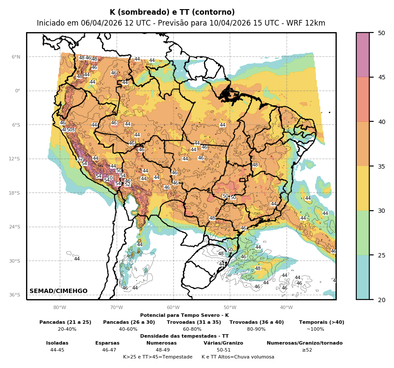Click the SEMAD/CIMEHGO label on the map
pyautogui.click(x=59, y=291)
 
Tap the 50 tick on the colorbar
pyautogui.click(x=381, y=33)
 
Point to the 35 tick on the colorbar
pyautogui.click(x=381, y=166)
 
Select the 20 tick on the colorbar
pyautogui.click(x=381, y=300)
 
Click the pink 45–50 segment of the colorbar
pyautogui.click(x=363, y=55)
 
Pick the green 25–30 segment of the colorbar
pyautogui.click(x=363, y=233)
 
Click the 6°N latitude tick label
pyautogui.click(x=16, y=57)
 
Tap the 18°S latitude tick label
pyautogui.click(x=15, y=193)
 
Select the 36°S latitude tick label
pyautogui.click(x=15, y=295)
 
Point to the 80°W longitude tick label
pyautogui.click(x=60, y=308)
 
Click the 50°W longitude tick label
pyautogui.click(x=230, y=308)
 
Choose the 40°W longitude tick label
pyautogui.click(x=286, y=308)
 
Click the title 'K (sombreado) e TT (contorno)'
pyautogui.click(x=172, y=13)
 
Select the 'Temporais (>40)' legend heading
pyautogui.click(x=322, y=322)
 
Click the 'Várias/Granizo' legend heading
pyautogui.click(x=223, y=343)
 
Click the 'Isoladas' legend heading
pyautogui.click(x=57, y=343)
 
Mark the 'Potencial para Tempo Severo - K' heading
pyautogui.click(x=184, y=315)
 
